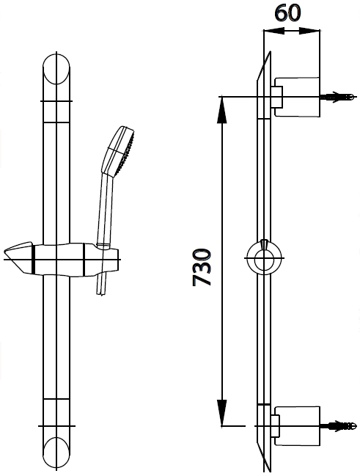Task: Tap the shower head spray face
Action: point(125,151)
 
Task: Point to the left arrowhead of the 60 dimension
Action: point(268,31)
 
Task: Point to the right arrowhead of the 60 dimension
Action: point(315,31)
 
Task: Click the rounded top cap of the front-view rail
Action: point(57,70)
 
